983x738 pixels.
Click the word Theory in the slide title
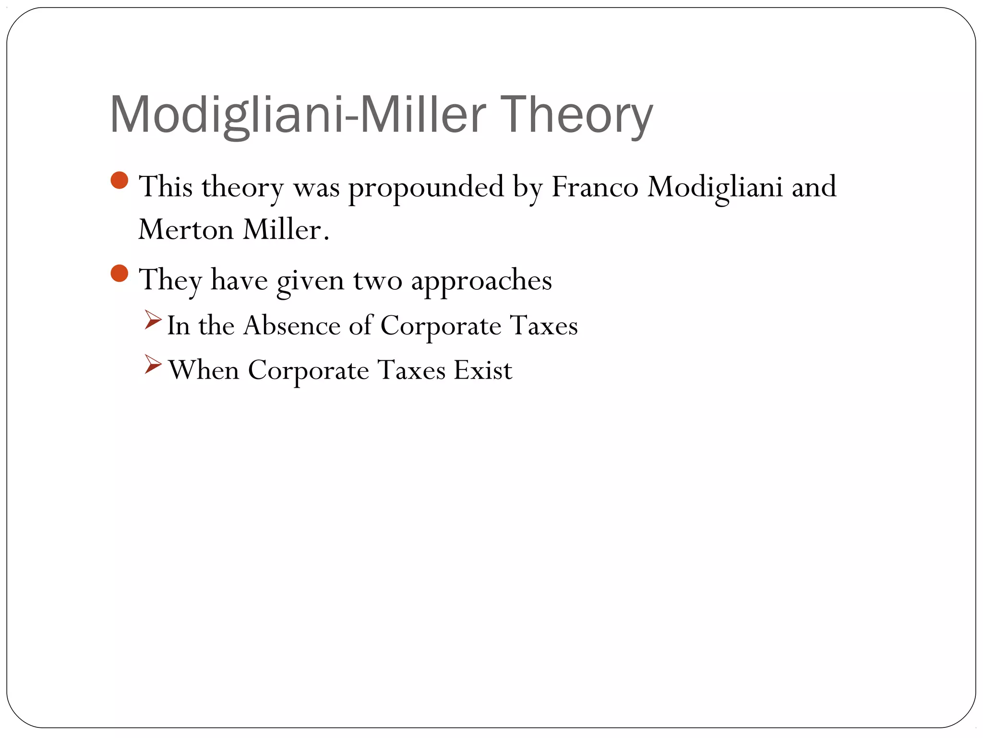(576, 115)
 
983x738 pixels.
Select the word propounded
(426, 187)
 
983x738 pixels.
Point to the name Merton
(186, 229)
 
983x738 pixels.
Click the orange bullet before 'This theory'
(120, 181)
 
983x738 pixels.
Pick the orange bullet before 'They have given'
(120, 274)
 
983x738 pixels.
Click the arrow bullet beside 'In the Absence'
(153, 320)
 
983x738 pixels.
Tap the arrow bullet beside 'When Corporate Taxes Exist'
(153, 365)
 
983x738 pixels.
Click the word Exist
(483, 370)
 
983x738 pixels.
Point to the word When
(204, 370)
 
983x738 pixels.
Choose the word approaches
(481, 281)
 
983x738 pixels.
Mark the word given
(311, 281)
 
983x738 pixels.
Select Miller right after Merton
(286, 229)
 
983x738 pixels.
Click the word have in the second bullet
(239, 280)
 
